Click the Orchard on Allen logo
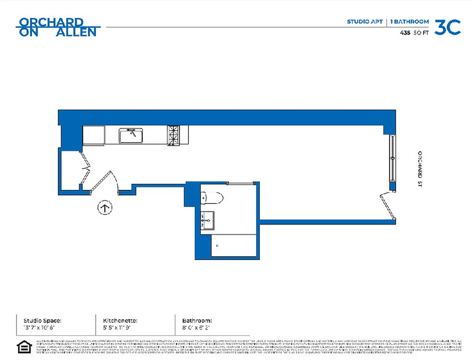click(x=58, y=27)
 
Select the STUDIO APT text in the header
click(x=364, y=22)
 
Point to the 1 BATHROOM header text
click(x=409, y=22)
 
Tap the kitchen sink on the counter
click(x=130, y=135)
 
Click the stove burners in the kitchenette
click(x=173, y=135)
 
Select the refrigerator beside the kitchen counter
click(x=94, y=135)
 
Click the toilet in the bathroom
click(x=212, y=197)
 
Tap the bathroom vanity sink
click(x=207, y=220)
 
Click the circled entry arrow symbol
click(x=105, y=208)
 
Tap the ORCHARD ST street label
click(x=419, y=169)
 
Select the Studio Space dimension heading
click(x=42, y=321)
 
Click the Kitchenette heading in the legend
click(x=117, y=321)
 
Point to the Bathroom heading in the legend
click(x=197, y=321)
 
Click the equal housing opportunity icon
click(x=24, y=347)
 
